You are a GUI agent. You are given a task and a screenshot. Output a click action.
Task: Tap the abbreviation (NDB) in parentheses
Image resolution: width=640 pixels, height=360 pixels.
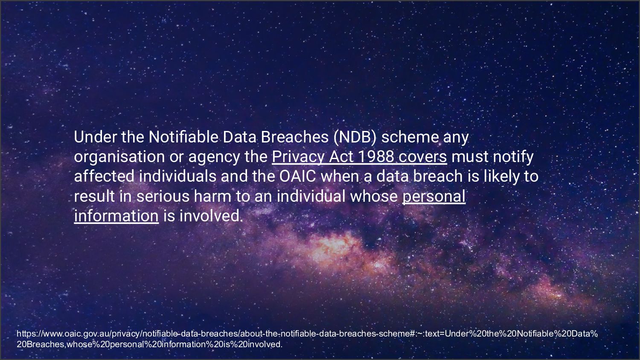coord(355,137)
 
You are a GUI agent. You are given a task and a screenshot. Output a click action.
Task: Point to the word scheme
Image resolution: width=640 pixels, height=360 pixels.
coord(410,137)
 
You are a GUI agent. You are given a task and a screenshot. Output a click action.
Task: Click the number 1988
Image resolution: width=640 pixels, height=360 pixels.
coord(375,157)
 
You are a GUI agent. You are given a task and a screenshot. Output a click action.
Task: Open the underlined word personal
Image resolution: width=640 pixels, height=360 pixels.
coord(433,196)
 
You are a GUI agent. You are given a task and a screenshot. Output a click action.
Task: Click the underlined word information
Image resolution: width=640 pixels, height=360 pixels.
coord(116,216)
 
